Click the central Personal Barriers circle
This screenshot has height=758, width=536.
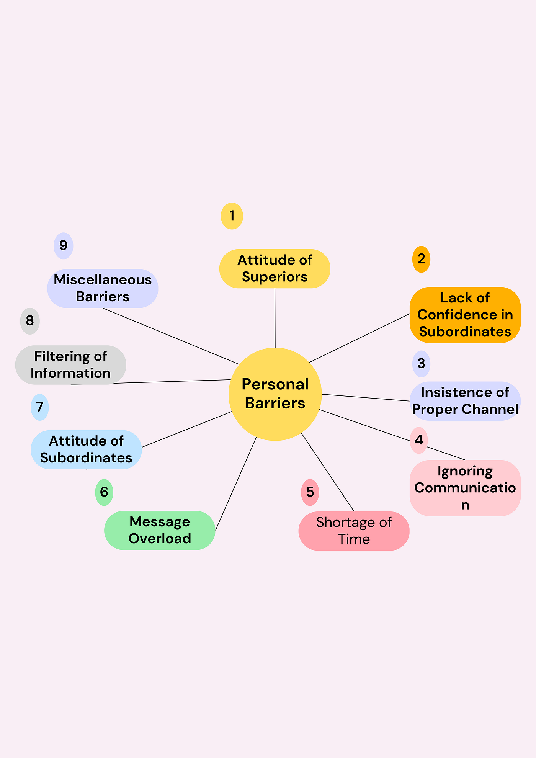(x=275, y=394)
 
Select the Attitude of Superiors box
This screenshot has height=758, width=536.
(x=275, y=268)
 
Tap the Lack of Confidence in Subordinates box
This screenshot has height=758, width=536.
(x=465, y=315)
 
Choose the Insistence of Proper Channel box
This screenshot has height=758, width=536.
(x=465, y=401)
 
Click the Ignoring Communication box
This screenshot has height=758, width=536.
(x=465, y=488)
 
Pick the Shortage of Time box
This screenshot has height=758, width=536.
(x=354, y=531)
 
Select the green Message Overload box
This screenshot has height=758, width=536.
(x=159, y=530)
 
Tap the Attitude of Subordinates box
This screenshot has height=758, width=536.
(x=86, y=449)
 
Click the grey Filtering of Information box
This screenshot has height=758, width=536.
(x=70, y=365)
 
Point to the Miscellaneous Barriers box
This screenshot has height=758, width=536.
(x=103, y=288)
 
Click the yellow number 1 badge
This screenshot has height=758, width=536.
(x=232, y=216)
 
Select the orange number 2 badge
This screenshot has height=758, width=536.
(x=421, y=259)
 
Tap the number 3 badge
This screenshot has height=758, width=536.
(x=421, y=363)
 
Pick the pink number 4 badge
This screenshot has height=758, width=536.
(x=418, y=440)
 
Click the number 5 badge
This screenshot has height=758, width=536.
(x=310, y=492)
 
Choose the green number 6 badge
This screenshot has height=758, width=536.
(x=104, y=492)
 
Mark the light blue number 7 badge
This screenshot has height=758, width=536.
(x=39, y=407)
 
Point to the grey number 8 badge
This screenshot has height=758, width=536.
(x=29, y=321)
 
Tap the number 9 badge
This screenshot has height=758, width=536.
(x=63, y=246)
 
